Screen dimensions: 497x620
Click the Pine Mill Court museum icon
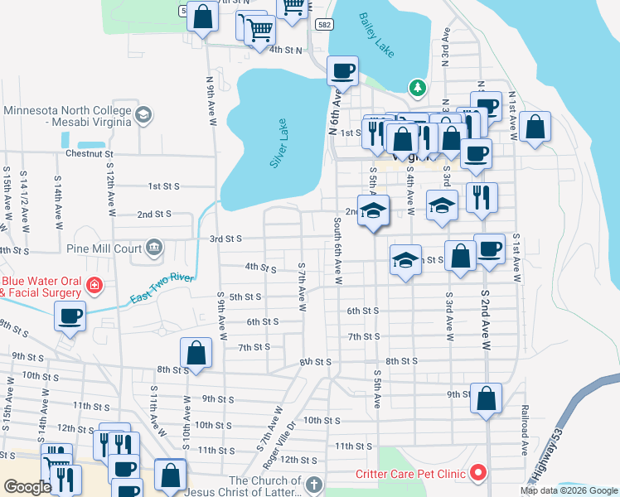pos(153,247)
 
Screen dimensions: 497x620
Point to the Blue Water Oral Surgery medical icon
pos(95,286)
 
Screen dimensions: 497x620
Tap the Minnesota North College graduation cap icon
pos(143,114)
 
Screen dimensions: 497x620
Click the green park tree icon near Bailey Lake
pos(417,88)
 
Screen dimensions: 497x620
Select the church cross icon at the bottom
pos(313,484)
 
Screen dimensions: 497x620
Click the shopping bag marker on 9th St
pos(486,397)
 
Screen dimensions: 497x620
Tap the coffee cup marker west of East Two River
pos(70,316)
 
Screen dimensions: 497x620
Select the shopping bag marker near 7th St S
pos(196,352)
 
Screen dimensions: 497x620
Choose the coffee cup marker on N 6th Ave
pos(341,70)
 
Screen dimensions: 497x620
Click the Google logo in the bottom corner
pos(27,487)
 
